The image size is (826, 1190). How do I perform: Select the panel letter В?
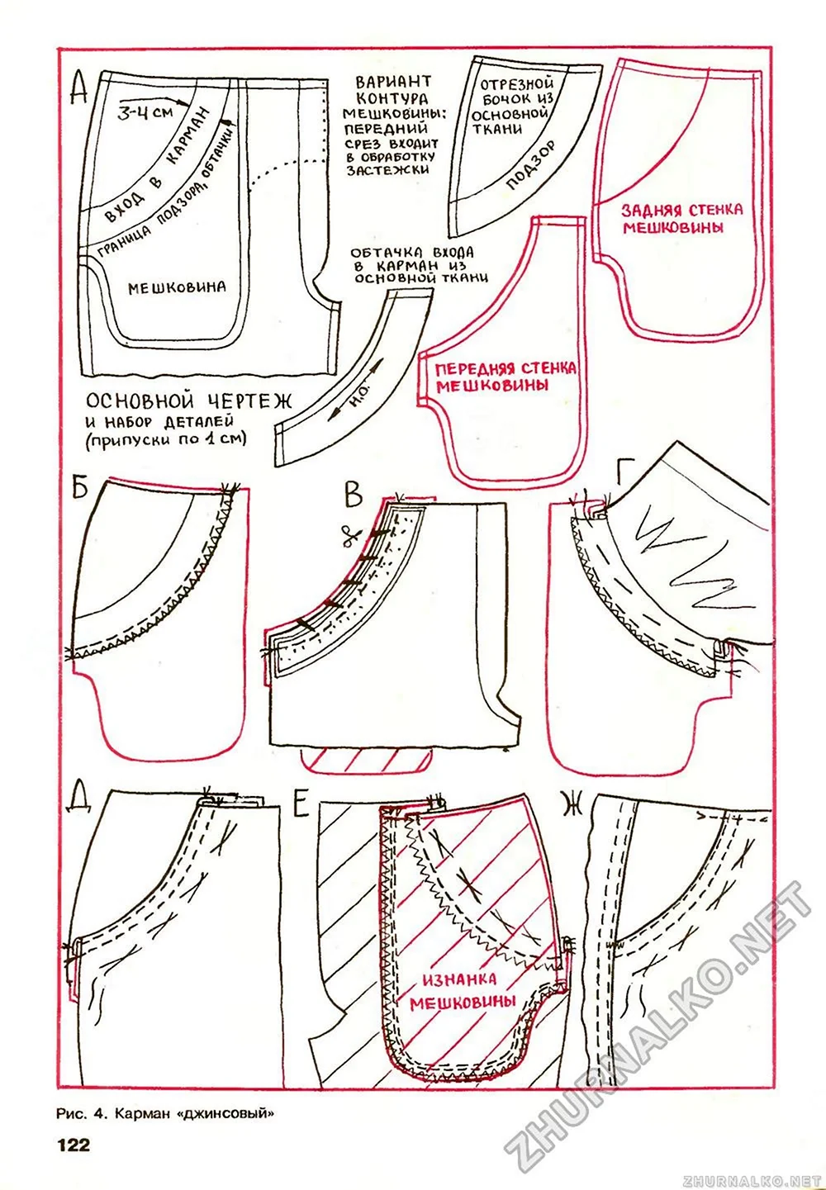[x=353, y=495]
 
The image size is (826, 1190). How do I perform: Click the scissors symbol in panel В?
[x=353, y=538]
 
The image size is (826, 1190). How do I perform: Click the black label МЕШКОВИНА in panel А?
[x=177, y=287]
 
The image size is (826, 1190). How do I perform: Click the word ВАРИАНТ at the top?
[x=393, y=82]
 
